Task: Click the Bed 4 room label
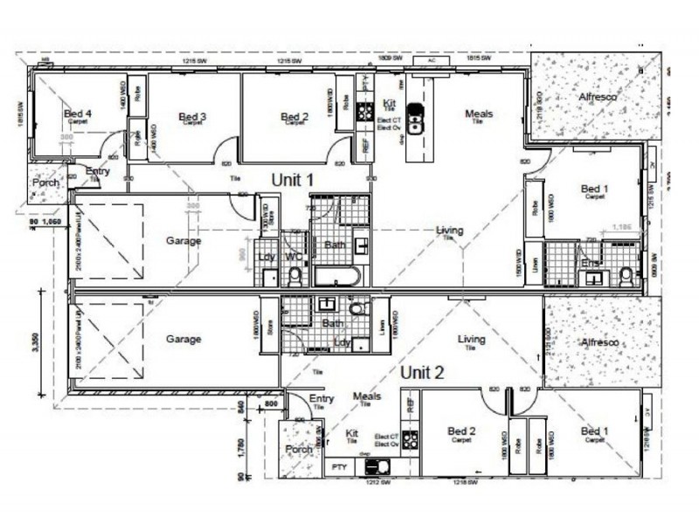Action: click(x=78, y=114)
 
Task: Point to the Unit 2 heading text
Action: click(x=422, y=371)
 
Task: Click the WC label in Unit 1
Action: click(x=293, y=257)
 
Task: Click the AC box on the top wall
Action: click(x=430, y=61)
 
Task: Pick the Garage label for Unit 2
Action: click(x=183, y=339)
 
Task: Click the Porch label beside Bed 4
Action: click(x=45, y=183)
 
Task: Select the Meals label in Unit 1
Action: click(x=478, y=114)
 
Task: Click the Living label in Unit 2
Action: click(x=472, y=339)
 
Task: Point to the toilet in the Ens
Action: click(x=626, y=277)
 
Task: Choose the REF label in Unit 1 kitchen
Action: click(x=365, y=144)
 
